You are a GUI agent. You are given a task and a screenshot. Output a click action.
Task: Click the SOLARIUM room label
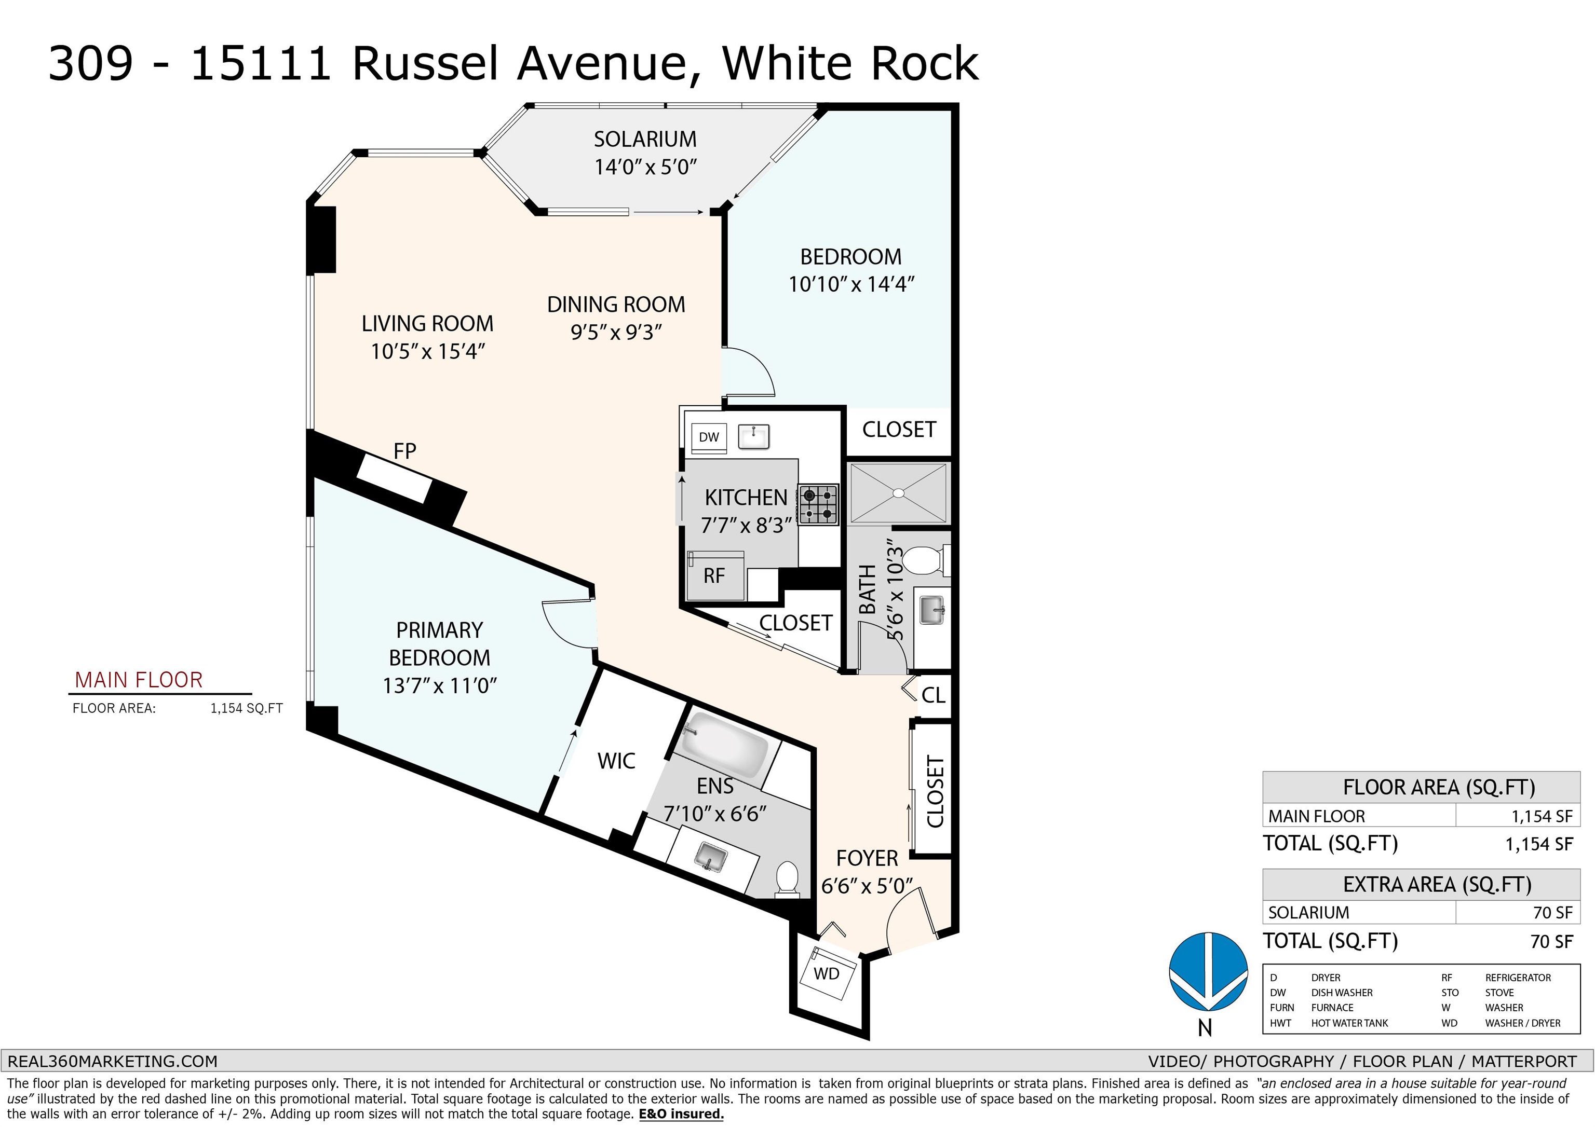tap(645, 140)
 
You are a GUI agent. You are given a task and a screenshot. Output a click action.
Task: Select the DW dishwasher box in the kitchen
tap(709, 437)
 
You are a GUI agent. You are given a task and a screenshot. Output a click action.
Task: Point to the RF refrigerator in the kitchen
tap(714, 575)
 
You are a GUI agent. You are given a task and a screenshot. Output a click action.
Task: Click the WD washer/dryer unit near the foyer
tap(827, 973)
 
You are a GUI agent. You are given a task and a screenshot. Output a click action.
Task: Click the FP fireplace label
tap(404, 451)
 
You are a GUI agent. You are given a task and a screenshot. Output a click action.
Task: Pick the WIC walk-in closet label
tap(616, 761)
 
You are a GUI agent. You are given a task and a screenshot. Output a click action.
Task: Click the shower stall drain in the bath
tap(898, 493)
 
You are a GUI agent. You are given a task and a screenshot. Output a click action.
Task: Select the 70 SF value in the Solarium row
tap(1552, 912)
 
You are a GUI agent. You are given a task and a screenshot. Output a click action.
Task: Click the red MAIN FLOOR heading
tap(139, 680)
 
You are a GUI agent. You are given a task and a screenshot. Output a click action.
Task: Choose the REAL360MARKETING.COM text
tap(113, 1062)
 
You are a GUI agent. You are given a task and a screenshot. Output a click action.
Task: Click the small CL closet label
tap(933, 695)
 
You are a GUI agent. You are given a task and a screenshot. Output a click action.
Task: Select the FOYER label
tap(867, 858)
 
